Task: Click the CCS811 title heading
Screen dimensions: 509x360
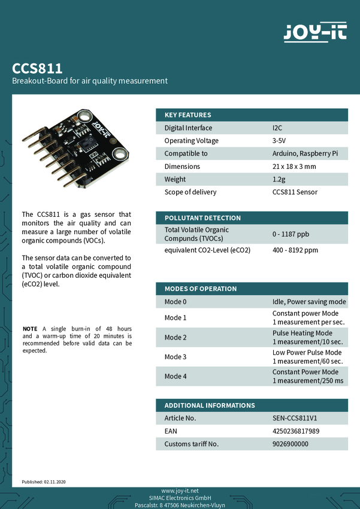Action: tap(37, 68)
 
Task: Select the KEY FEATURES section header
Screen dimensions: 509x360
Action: tap(187, 115)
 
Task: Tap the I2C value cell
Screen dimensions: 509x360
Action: tap(277, 128)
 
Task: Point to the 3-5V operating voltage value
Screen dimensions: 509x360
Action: tap(279, 141)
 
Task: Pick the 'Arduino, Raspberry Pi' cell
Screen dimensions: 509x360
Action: tap(305, 154)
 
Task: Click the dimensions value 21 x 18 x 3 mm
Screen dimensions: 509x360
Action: tap(294, 166)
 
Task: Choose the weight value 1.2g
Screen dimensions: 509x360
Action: tap(279, 179)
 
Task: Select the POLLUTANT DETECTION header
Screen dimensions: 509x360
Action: tap(202, 218)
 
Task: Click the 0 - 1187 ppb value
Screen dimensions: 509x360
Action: tap(291, 234)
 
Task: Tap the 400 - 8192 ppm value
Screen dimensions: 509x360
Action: tap(295, 250)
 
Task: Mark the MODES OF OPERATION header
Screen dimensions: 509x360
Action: tap(201, 289)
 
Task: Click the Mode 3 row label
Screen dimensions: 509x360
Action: tap(176, 357)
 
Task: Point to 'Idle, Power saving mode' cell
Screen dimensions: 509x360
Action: tap(309, 302)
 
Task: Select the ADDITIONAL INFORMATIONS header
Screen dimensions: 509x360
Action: tap(210, 405)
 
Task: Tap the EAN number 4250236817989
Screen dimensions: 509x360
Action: tap(296, 431)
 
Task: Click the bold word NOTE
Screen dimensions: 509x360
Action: tap(29, 329)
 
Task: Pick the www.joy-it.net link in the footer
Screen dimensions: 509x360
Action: tap(180, 491)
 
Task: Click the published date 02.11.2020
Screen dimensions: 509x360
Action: tap(55, 481)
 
